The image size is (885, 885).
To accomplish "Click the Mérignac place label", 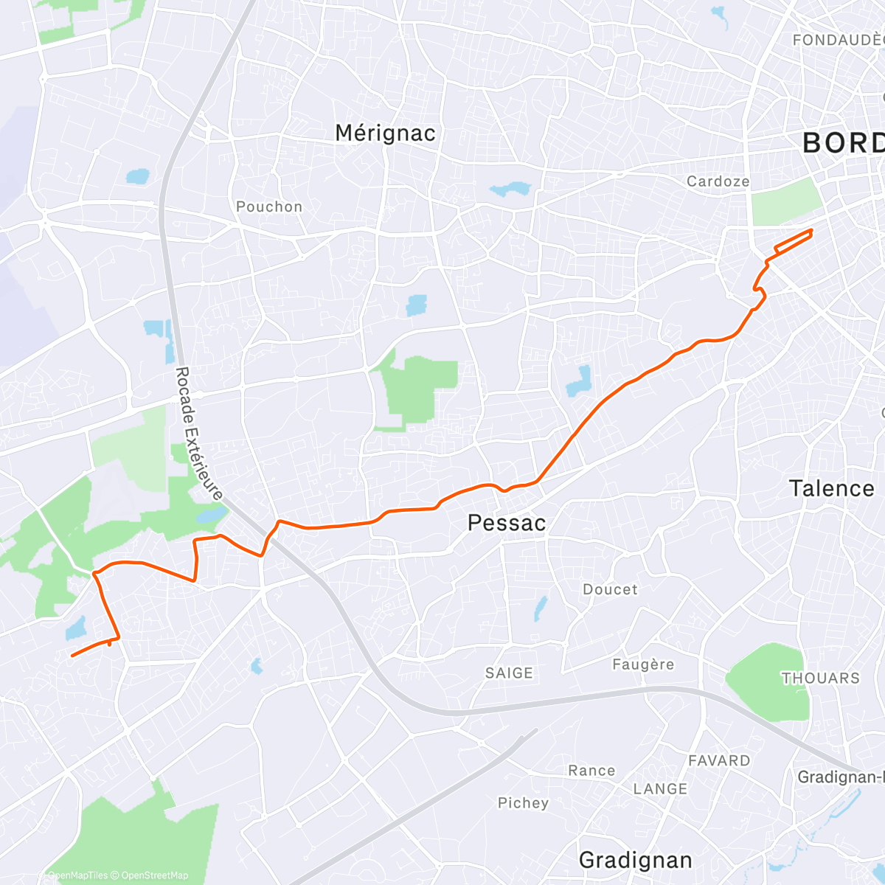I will pyautogui.click(x=385, y=133).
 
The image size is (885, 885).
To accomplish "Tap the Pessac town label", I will pyautogui.click(x=507, y=523).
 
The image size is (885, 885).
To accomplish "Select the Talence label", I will pyautogui.click(x=831, y=488).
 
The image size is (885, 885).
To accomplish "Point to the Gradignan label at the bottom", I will pyautogui.click(x=635, y=860).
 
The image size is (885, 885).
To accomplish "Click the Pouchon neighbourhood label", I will pyautogui.click(x=269, y=206).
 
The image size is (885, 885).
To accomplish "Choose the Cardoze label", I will pyautogui.click(x=718, y=181).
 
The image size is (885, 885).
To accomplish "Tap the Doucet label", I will pyautogui.click(x=610, y=589).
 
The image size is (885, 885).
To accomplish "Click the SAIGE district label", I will pyautogui.click(x=509, y=673).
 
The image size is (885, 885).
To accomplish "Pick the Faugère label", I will pyautogui.click(x=643, y=664).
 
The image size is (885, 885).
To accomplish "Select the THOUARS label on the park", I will pyautogui.click(x=820, y=678).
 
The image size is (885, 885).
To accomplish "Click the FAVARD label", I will pyautogui.click(x=719, y=760).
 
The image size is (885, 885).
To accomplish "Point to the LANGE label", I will pyautogui.click(x=660, y=789).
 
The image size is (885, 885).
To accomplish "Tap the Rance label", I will pyautogui.click(x=591, y=771).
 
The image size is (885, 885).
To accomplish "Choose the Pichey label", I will pyautogui.click(x=523, y=802).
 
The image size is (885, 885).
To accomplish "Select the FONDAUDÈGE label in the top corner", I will pyautogui.click(x=837, y=40).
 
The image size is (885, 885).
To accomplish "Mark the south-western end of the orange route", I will pyautogui.click(x=72, y=655).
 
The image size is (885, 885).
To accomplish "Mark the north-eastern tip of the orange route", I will pyautogui.click(x=811, y=231).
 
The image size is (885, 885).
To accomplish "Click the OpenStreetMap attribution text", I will pyautogui.click(x=154, y=875).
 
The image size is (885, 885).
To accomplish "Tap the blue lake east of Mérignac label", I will pyautogui.click(x=510, y=190).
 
